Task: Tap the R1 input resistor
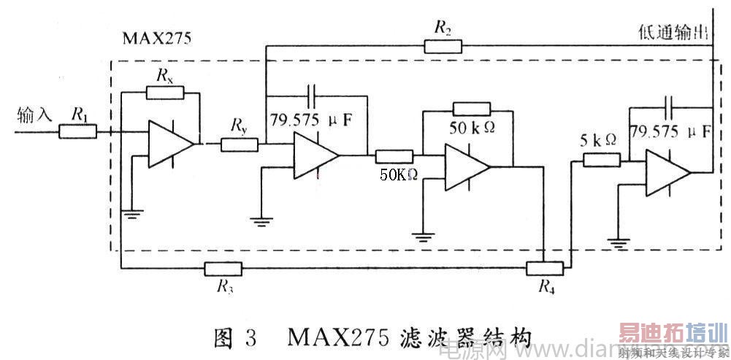coord(77,131)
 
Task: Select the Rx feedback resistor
coord(164,92)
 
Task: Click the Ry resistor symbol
coord(239,144)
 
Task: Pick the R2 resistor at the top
coord(443,46)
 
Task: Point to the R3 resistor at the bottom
coord(223,268)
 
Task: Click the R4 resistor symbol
coord(545,268)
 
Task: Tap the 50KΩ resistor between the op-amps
coord(394,156)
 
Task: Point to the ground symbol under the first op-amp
coord(131,212)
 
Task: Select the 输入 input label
coord(34,115)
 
